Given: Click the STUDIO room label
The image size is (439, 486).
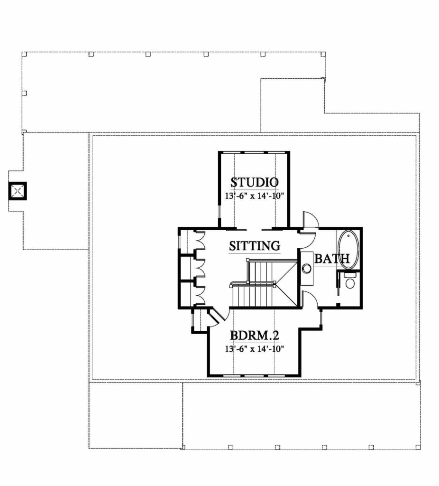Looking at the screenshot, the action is [254, 182].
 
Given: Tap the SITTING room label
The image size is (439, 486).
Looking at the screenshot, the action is [255, 246].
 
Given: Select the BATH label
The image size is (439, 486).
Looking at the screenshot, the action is [332, 259].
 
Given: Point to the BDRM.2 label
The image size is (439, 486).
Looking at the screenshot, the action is [255, 336].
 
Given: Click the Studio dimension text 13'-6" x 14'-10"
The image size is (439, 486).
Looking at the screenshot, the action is [255, 196].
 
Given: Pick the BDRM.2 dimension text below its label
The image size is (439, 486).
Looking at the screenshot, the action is [255, 349].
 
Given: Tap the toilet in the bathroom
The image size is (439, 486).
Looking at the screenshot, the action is [350, 280].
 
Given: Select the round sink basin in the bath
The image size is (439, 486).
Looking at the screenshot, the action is [307, 268].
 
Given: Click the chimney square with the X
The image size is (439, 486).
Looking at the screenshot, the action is [18, 191].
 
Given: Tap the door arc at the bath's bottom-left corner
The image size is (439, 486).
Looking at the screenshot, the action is [310, 299].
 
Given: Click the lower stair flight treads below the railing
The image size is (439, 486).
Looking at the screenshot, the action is [253, 296].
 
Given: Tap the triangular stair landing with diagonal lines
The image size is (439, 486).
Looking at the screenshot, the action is [286, 284].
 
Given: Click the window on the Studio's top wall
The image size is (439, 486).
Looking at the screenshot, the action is [254, 152].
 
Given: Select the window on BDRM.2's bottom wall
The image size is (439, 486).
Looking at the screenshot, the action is [254, 376].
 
